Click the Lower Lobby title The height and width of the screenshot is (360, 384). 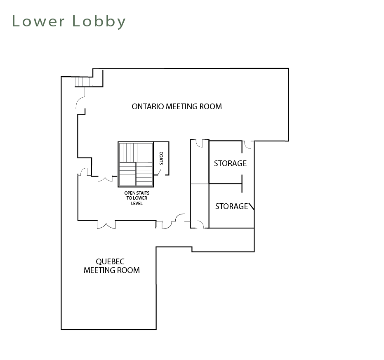click(x=69, y=21)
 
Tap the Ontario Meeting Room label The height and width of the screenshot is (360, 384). click(x=177, y=106)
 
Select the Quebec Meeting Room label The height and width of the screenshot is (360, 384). click(x=112, y=266)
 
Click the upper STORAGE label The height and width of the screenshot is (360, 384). click(x=230, y=163)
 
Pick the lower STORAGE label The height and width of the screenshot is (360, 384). click(x=231, y=206)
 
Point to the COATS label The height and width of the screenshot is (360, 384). click(x=161, y=158)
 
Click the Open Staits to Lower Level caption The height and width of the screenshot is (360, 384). click(x=137, y=198)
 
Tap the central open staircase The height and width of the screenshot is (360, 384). click(x=136, y=164)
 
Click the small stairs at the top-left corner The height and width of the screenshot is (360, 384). click(x=84, y=82)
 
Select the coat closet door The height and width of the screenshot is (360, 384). click(x=159, y=172)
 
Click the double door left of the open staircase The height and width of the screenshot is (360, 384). click(x=105, y=179)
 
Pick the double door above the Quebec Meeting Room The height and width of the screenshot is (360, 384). click(x=106, y=225)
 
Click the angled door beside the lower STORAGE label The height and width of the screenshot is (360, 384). click(x=251, y=206)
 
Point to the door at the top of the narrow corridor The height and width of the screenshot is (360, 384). click(x=200, y=144)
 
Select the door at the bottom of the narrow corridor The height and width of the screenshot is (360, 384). click(x=200, y=224)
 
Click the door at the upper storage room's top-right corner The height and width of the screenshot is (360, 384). click(x=248, y=145)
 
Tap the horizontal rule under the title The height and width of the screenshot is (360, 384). click(x=174, y=39)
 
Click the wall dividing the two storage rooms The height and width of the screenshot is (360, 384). click(x=226, y=184)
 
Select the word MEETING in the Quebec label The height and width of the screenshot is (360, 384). click(x=100, y=270)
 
